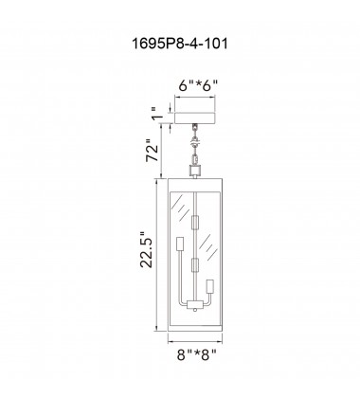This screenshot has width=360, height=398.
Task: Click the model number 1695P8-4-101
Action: coord(179,44)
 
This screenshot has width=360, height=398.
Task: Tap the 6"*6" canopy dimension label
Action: coord(198,85)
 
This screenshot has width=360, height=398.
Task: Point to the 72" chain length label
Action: coord(152,150)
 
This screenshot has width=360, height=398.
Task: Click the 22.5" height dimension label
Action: coord(146,250)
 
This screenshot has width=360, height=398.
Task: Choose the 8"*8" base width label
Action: coord(197,354)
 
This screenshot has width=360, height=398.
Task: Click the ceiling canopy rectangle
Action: coord(195,118)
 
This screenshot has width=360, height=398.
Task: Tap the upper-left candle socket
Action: coord(180,244)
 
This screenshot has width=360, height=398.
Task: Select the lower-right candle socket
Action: coord(209,287)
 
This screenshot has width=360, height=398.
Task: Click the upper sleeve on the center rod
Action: coord(196,222)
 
